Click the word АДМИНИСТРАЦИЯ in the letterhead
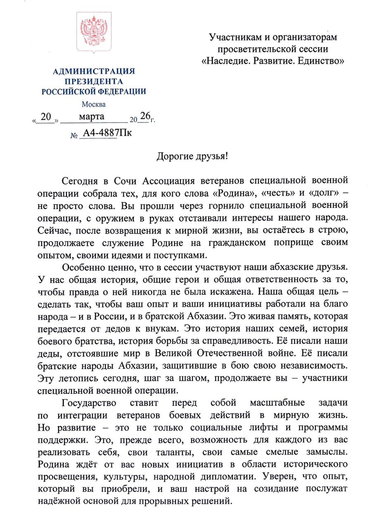pos(94,71)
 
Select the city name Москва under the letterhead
pos(93,104)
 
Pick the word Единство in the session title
pos(322,61)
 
